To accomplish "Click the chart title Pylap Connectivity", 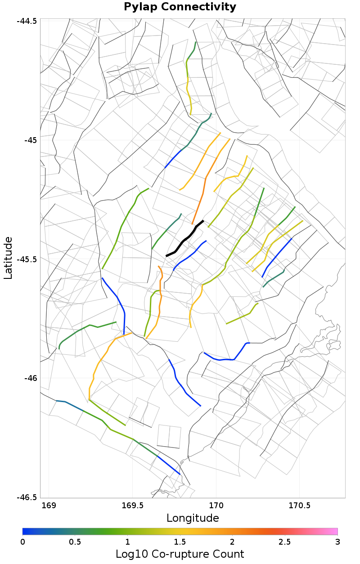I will point(180,7).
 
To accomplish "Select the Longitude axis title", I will point(193,518).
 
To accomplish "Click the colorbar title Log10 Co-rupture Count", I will point(180,554).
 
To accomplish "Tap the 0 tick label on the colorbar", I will point(22,541).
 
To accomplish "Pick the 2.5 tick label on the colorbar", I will point(285,541).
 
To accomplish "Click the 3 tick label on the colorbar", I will point(337,541).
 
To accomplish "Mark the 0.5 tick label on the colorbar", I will point(75,541).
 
